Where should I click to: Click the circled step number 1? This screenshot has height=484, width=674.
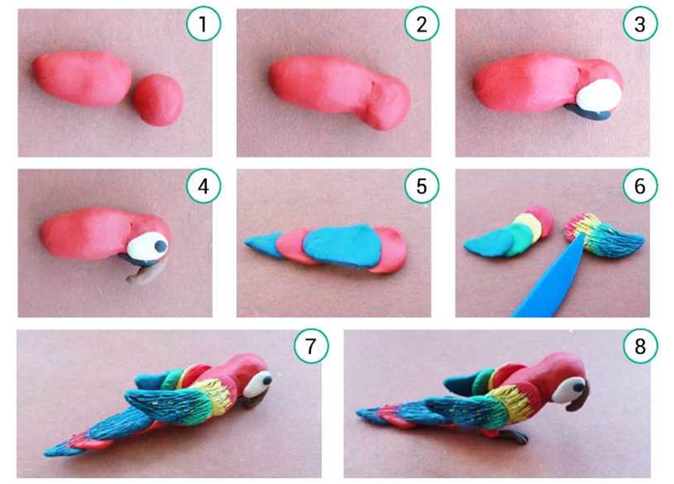click(203, 24)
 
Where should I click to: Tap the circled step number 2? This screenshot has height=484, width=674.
click(422, 24)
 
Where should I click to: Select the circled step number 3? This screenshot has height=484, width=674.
click(640, 24)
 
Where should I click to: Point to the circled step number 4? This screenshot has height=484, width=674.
click(203, 186)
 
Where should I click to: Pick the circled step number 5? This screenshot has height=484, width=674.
click(422, 186)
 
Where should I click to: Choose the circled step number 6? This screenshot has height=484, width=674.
click(640, 186)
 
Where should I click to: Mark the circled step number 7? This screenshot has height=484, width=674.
click(312, 347)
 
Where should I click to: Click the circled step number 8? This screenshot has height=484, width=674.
click(640, 347)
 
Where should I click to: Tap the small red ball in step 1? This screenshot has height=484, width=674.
click(158, 100)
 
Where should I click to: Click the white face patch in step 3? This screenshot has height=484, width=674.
click(599, 95)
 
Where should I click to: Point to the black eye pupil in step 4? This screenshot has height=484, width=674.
click(161, 246)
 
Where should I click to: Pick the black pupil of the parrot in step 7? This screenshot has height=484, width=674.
click(267, 381)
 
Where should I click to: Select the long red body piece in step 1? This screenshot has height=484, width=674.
click(82, 78)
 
